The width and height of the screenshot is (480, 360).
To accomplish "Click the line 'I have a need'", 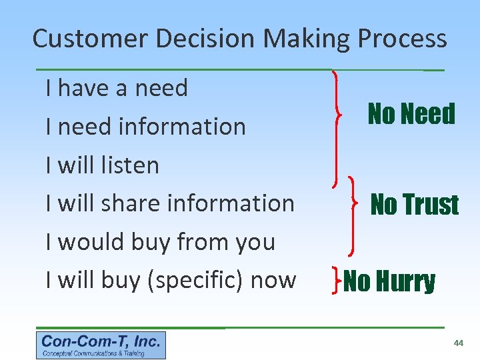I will coord(117,88).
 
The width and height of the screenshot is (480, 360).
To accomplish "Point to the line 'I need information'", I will coord(145,126).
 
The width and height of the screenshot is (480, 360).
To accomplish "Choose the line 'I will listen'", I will coord(102,165).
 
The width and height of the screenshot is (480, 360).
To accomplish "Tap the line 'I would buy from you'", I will coord(160,242).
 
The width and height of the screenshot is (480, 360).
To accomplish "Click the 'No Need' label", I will coord(411,115).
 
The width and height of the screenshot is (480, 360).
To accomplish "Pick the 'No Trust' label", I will coord(414,205).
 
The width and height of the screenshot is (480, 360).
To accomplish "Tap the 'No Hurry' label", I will coord(390,282).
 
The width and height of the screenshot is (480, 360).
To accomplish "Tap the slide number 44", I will coord(458,343).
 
